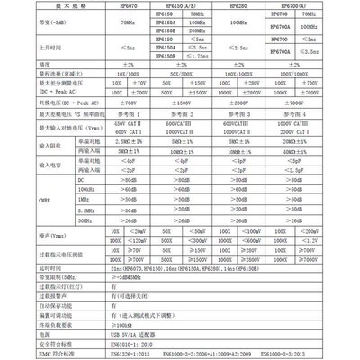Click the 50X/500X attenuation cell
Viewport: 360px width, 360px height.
182,98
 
